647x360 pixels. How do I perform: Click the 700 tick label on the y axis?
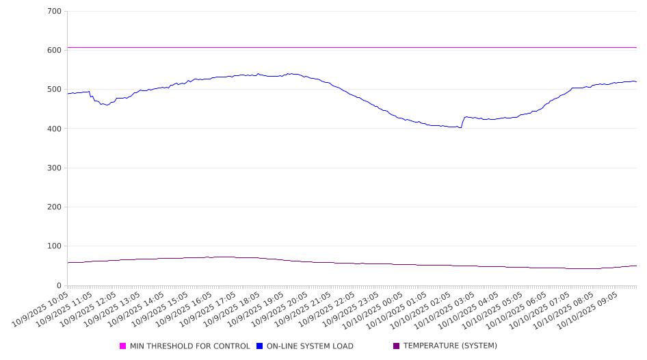[55, 12]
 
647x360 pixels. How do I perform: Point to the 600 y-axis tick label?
[55, 51]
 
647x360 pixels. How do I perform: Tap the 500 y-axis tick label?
[55, 90]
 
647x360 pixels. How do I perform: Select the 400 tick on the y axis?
[55, 129]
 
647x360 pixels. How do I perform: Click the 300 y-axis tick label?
[55, 168]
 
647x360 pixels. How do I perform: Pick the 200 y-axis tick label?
[55, 207]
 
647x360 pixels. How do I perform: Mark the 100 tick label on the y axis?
[55, 246]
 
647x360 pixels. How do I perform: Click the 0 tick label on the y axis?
[59, 285]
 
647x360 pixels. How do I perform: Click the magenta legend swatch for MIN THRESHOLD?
[123, 346]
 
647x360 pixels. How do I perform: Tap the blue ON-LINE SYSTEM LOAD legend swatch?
[260, 346]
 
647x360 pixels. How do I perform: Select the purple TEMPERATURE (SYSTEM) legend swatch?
[397, 346]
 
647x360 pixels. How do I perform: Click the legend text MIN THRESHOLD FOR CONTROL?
[190, 346]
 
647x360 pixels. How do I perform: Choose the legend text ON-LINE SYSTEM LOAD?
[310, 346]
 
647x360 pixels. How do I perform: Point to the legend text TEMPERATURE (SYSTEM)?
[450, 346]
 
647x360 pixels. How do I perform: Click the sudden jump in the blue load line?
[463, 122]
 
